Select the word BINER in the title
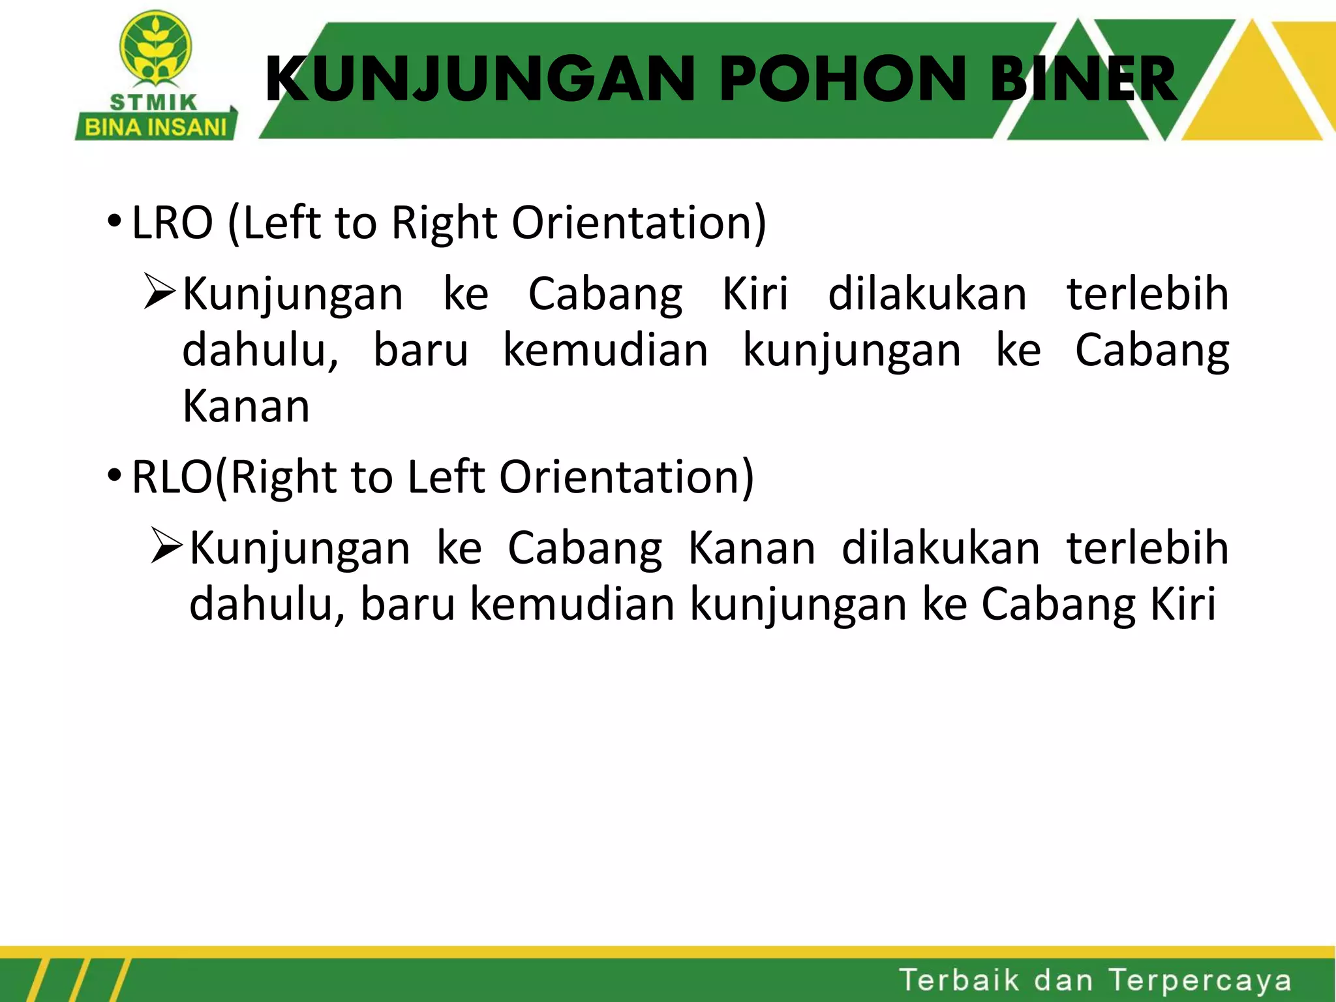pos(1083,80)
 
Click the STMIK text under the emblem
pos(154,102)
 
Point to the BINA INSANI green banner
pos(156,127)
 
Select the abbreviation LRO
pos(172,223)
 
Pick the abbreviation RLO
pos(172,477)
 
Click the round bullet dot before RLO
pos(114,475)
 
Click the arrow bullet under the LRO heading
pos(159,292)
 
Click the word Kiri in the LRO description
pos(755,294)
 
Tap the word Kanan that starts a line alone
pos(246,406)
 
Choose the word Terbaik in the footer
pos(959,980)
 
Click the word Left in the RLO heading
pos(447,477)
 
